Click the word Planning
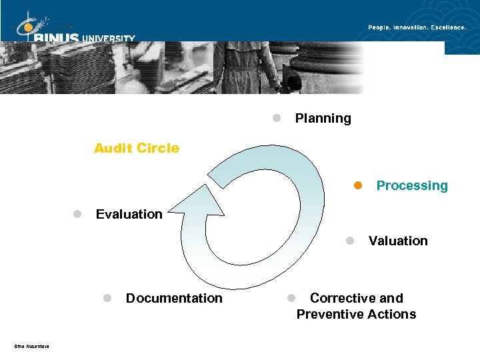[x=323, y=119]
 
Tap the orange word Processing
[x=412, y=186]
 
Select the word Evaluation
[x=129, y=214]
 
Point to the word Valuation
[x=398, y=241]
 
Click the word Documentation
[x=174, y=298]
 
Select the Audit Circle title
[x=137, y=148]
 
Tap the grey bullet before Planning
[x=276, y=118]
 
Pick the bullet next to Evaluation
[x=77, y=214]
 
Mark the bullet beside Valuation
[x=350, y=241]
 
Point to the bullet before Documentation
[x=107, y=298]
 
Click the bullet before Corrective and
[x=291, y=298]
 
